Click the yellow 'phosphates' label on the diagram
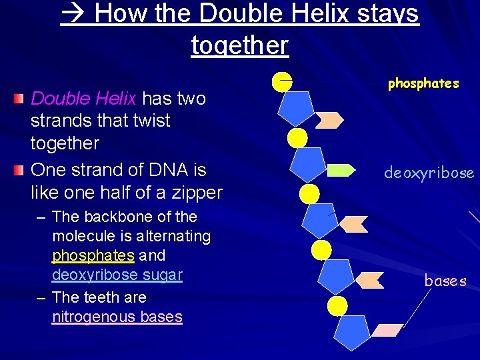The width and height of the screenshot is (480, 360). click(x=423, y=83)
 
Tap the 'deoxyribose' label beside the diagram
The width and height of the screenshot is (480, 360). click(x=429, y=173)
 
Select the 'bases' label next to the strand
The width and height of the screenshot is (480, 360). click(x=445, y=281)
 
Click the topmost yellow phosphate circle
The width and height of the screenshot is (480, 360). click(x=282, y=81)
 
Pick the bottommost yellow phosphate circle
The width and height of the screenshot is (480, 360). click(x=338, y=306)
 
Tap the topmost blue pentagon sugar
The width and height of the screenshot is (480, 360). click(x=295, y=107)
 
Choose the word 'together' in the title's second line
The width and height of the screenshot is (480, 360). click(x=239, y=45)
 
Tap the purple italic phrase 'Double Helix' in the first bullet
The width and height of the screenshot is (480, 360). click(x=83, y=99)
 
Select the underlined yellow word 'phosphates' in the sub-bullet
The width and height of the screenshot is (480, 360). click(x=93, y=255)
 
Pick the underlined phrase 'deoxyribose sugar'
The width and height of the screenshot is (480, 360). click(x=117, y=275)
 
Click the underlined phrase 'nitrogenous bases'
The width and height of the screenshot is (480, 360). click(x=117, y=317)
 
